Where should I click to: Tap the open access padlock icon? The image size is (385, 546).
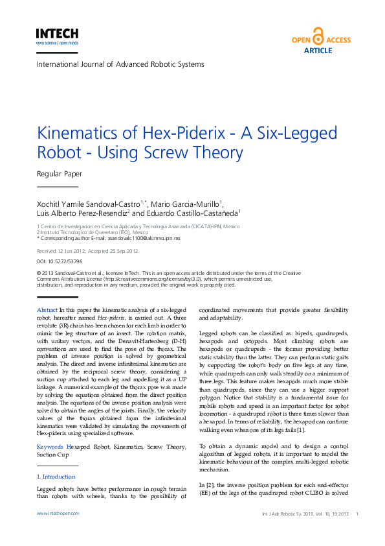click(318, 36)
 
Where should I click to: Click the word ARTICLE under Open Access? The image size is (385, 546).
click(318, 50)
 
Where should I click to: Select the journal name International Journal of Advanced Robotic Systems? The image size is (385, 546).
click(120, 64)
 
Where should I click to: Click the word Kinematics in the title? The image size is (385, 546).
click(82, 134)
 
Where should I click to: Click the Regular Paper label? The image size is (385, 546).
click(60, 174)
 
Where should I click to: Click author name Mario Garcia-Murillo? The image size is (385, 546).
click(191, 204)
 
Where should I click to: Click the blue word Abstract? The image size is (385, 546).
click(47, 311)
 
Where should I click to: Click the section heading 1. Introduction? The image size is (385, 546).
click(56, 477)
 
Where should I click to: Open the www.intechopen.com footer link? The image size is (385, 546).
click(58, 513)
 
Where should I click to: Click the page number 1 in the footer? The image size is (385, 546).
click(357, 513)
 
